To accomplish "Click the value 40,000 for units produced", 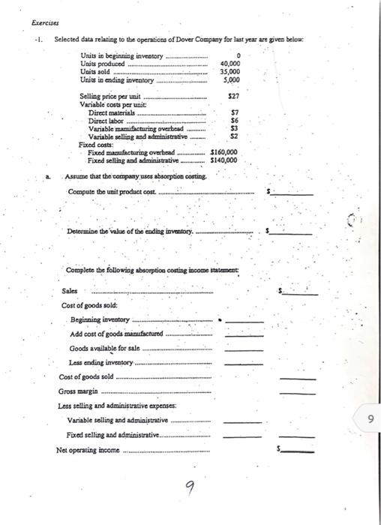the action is [x=230, y=65].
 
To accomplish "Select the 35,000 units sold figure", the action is [x=230, y=73].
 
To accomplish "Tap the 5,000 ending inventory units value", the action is [x=232, y=80].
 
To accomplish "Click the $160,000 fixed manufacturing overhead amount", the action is [x=223, y=152].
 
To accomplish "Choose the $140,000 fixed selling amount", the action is [x=223, y=160].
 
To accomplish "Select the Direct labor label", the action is [x=106, y=120].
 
